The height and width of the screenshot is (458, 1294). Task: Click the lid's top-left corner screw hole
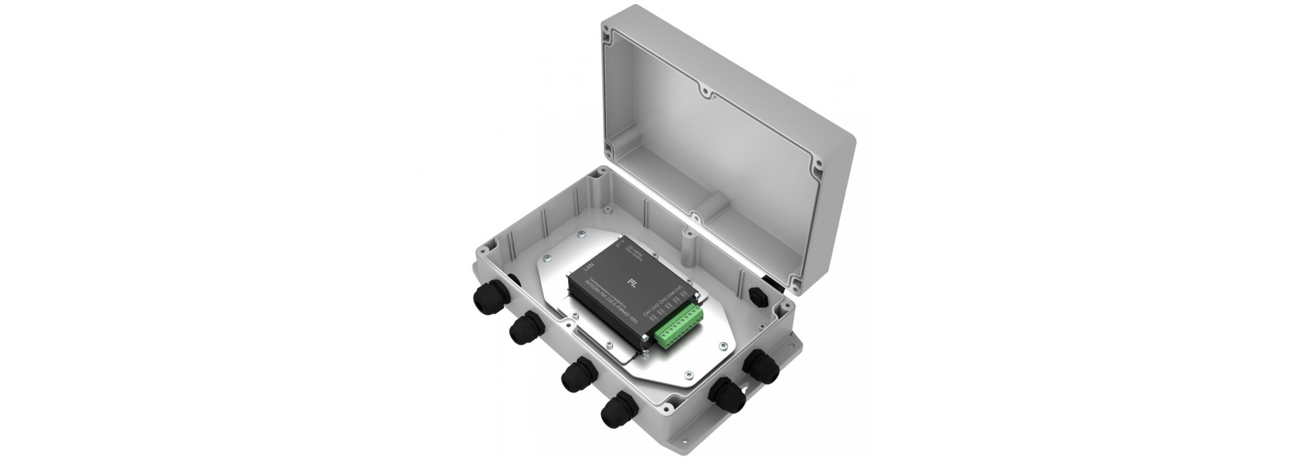608,32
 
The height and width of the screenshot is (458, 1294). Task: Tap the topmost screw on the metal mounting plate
582,234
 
